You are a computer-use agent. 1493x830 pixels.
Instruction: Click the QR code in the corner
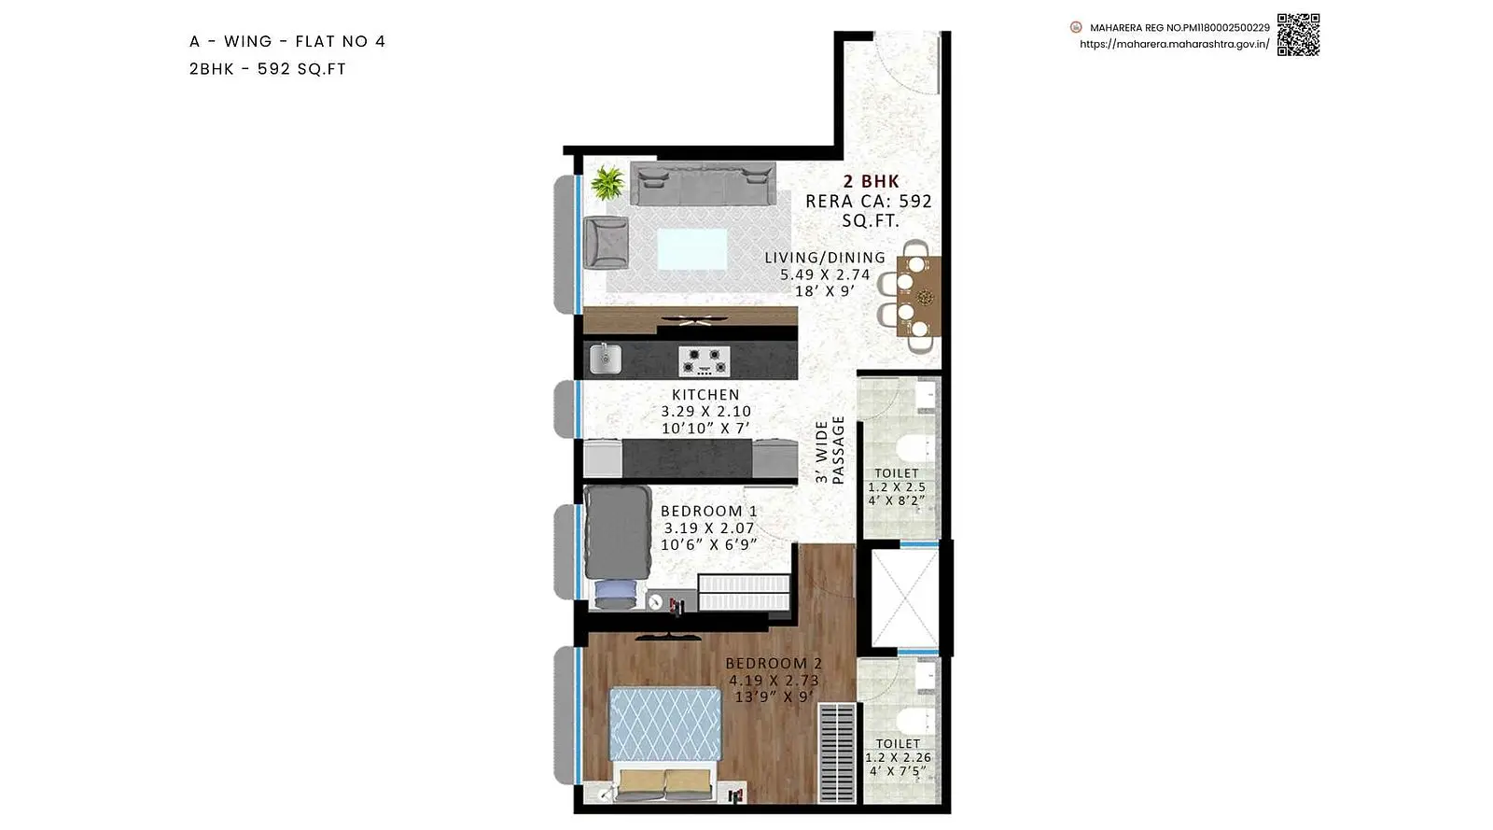pyautogui.click(x=1298, y=35)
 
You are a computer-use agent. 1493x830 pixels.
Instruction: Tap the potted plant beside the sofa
pyautogui.click(x=607, y=183)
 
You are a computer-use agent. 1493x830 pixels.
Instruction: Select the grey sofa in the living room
pyautogui.click(x=703, y=183)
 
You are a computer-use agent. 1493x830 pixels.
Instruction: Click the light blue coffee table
pyautogui.click(x=691, y=248)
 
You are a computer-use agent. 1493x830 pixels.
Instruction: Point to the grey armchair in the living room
pyautogui.click(x=606, y=243)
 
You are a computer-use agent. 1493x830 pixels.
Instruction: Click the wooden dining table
pyautogui.click(x=919, y=296)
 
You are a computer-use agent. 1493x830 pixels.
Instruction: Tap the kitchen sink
pyautogui.click(x=606, y=359)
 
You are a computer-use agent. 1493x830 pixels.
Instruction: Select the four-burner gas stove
pyautogui.click(x=704, y=360)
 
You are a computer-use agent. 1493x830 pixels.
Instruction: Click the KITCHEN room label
pyautogui.click(x=705, y=395)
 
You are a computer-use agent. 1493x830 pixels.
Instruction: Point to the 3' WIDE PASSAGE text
pyautogui.click(x=830, y=450)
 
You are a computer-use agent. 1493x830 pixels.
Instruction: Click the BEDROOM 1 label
pyautogui.click(x=709, y=512)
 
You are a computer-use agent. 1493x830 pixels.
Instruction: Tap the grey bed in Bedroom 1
pyautogui.click(x=617, y=532)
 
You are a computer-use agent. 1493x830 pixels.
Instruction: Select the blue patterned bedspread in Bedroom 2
pyautogui.click(x=665, y=724)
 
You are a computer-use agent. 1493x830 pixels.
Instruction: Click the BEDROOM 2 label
pyautogui.click(x=774, y=663)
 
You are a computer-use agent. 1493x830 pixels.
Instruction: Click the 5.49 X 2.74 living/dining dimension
pyautogui.click(x=825, y=274)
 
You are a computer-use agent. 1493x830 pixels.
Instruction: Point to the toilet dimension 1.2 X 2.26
pyautogui.click(x=899, y=757)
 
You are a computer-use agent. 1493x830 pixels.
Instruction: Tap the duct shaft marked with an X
pyautogui.click(x=904, y=598)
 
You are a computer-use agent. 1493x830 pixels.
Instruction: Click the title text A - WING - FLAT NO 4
pyautogui.click(x=287, y=41)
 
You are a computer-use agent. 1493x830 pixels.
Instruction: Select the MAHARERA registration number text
pyautogui.click(x=1179, y=28)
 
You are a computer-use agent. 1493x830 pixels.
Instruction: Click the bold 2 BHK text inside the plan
pyautogui.click(x=872, y=181)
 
